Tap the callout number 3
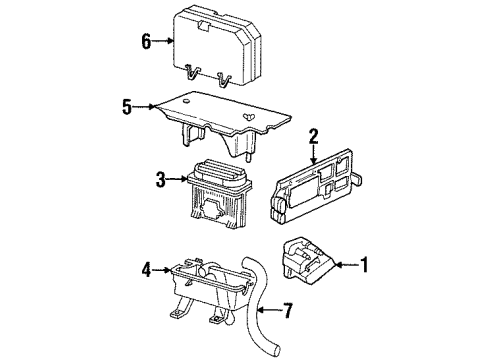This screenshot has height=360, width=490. pos(161,180)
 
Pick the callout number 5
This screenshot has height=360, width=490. pos(125,105)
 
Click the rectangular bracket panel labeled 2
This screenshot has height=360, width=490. pos(318,189)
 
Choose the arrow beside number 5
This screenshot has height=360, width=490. pos(142,105)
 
